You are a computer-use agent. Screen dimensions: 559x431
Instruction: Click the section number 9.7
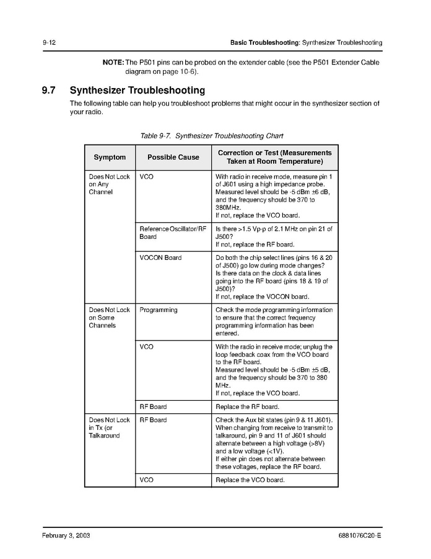49,91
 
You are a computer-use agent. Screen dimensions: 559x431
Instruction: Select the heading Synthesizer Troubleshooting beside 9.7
137,91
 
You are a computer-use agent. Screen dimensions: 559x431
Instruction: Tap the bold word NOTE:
113,62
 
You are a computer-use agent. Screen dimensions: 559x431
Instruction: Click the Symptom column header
110,157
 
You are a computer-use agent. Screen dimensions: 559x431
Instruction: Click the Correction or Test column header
274,157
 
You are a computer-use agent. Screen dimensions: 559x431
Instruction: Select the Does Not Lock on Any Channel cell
109,184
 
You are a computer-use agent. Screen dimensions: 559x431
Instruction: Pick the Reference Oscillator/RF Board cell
172,233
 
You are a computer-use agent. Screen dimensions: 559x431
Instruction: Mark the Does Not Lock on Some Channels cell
109,317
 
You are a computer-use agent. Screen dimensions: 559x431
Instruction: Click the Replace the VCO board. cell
250,480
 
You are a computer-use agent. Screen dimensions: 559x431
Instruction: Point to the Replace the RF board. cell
246,407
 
